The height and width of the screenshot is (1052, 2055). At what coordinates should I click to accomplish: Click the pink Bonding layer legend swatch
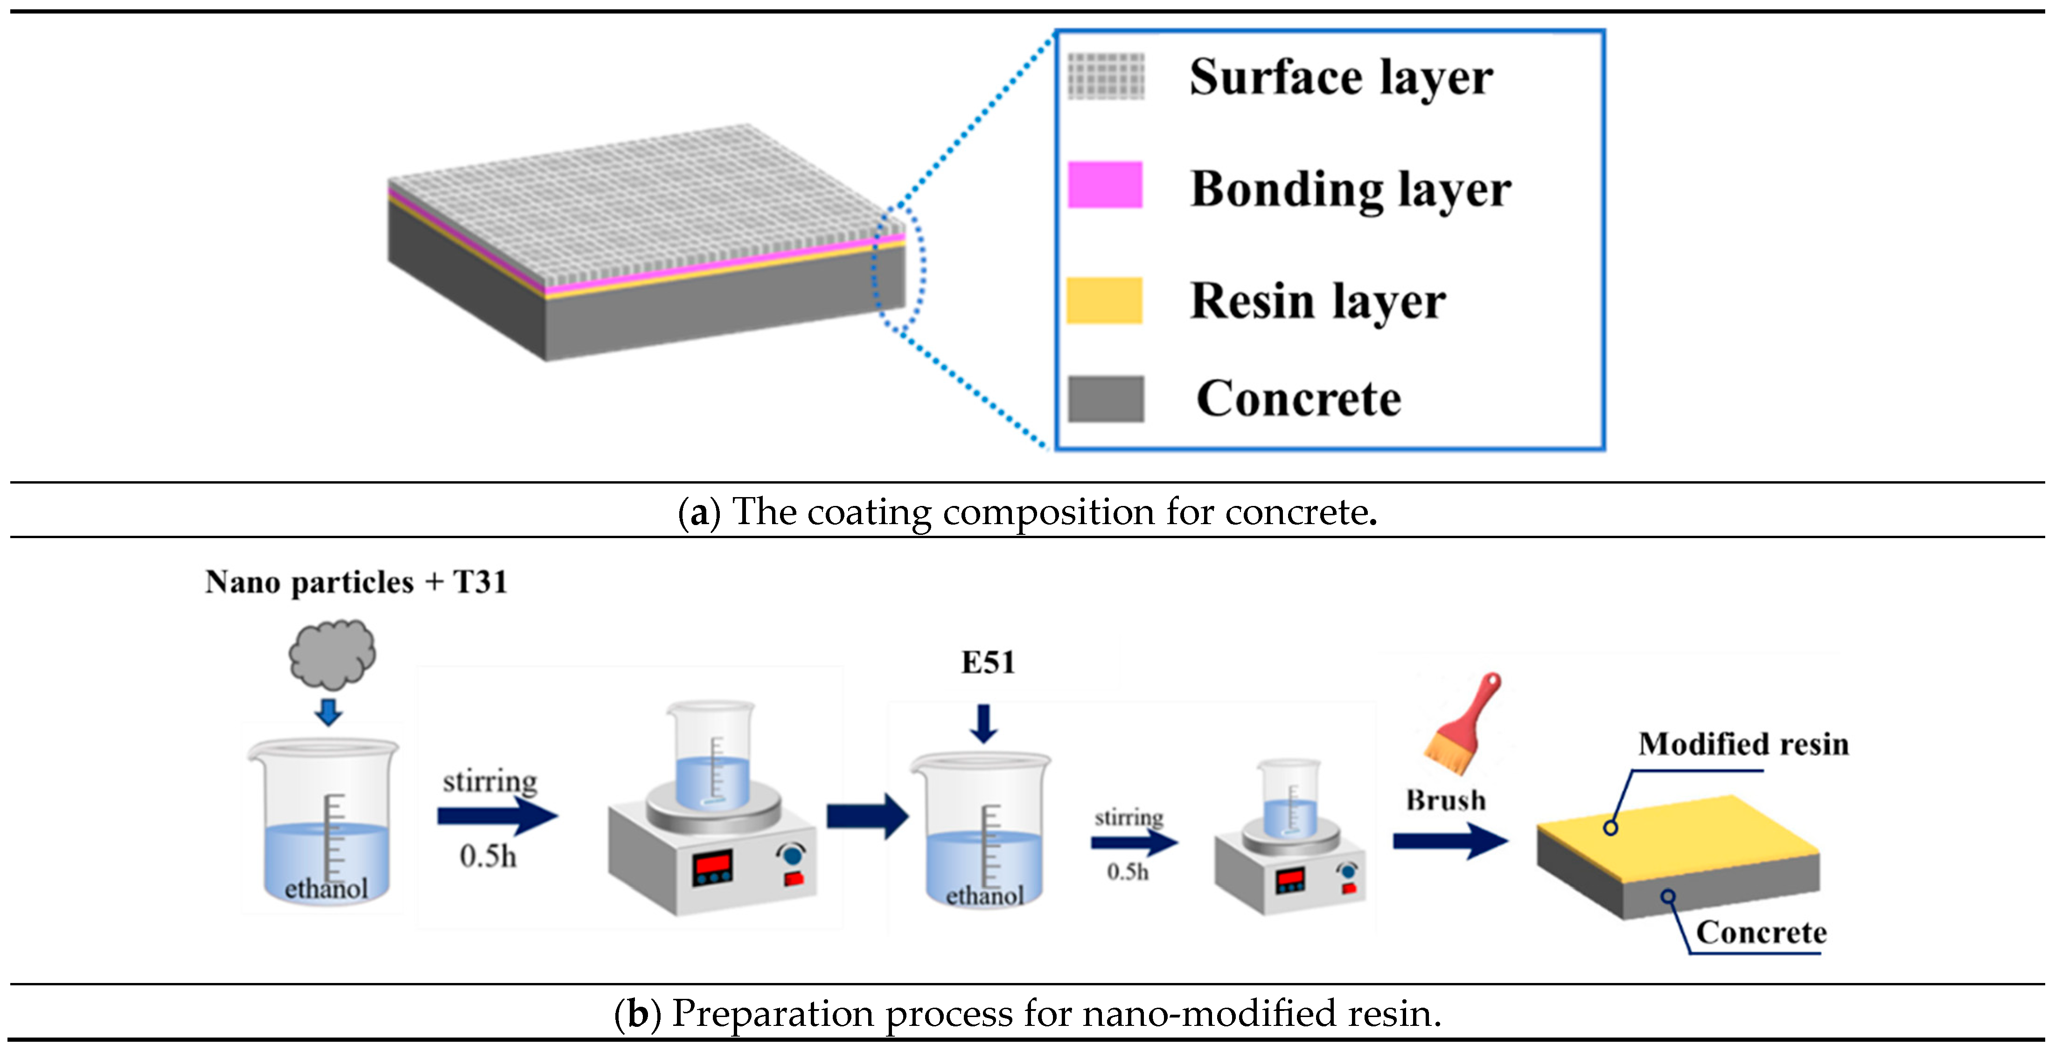click(1105, 185)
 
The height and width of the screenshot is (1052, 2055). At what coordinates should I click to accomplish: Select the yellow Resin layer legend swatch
click(1105, 301)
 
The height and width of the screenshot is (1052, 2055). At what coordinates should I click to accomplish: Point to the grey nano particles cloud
click(332, 654)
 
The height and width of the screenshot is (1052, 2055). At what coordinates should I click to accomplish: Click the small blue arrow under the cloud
click(328, 712)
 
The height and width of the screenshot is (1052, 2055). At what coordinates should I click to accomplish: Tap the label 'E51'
click(988, 663)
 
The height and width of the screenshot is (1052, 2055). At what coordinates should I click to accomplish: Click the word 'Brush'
click(1446, 800)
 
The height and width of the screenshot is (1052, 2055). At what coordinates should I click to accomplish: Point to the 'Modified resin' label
click(1743, 744)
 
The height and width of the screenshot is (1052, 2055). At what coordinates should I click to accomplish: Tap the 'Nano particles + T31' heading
click(356, 582)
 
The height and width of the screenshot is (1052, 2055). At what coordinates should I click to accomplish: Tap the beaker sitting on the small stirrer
click(1289, 797)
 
